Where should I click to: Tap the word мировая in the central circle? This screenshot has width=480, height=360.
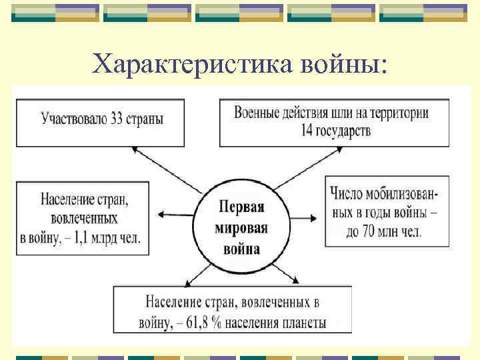(242, 228)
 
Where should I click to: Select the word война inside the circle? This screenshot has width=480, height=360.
(242, 250)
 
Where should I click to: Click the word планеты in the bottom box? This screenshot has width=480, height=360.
(303, 323)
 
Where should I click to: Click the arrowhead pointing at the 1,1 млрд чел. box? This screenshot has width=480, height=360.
(163, 214)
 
